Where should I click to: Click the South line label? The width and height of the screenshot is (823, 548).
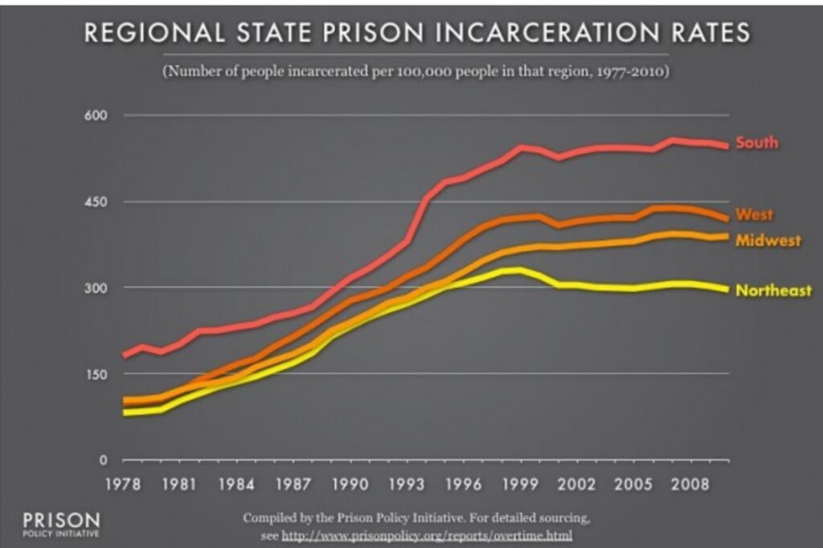coord(757,143)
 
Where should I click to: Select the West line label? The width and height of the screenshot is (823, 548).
coord(754,215)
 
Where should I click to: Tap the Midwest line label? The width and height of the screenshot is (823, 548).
coord(768,241)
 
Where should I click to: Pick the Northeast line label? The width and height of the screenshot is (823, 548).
coord(774,291)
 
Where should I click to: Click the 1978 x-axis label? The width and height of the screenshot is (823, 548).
coord(124,485)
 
